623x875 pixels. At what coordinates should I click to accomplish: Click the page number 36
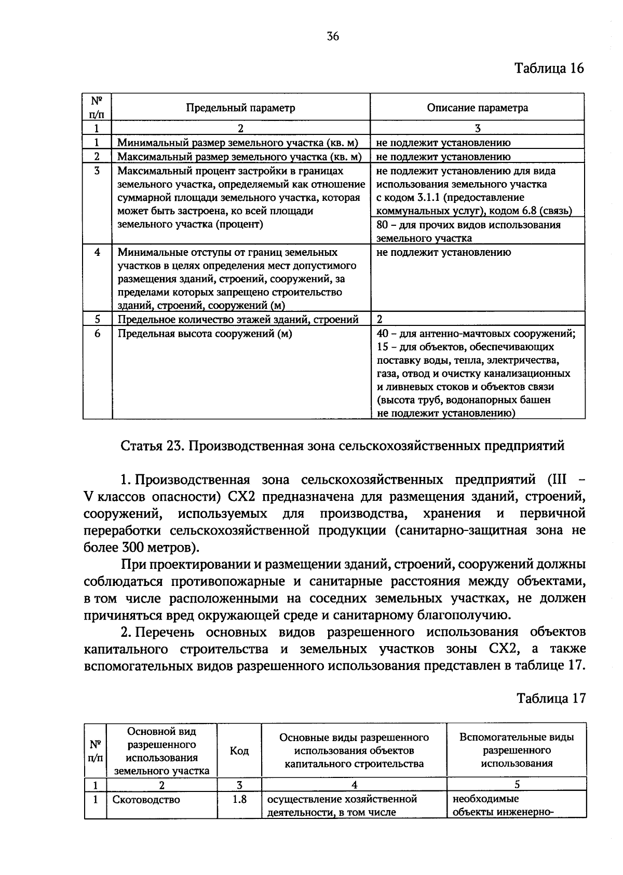coord(333,36)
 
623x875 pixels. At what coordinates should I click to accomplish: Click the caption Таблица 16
coord(549,68)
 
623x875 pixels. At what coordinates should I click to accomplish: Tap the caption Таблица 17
coord(550,698)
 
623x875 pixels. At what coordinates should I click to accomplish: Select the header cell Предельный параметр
coord(241,107)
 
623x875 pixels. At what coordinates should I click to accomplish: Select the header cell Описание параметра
coord(477,107)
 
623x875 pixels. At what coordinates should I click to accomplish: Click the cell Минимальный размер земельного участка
coord(238,143)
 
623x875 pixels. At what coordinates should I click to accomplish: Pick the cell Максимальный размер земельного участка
coord(239,156)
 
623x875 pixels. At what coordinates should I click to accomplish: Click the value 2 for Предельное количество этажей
coord(380,319)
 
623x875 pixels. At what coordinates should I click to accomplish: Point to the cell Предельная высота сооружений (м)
coord(205,334)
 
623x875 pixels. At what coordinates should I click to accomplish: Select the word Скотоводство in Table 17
coord(146,800)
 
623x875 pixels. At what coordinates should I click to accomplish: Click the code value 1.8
coord(239,800)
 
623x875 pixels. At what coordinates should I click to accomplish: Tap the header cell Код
coord(239,750)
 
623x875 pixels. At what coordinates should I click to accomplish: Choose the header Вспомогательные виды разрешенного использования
coord(517,750)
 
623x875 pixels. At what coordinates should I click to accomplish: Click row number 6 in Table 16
coord(97,334)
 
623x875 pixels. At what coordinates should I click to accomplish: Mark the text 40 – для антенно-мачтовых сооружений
coord(476,334)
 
